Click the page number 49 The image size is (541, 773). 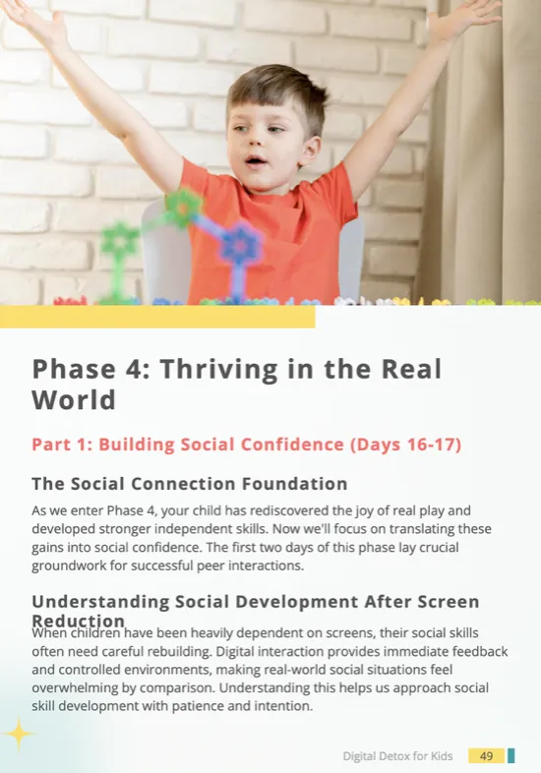(x=486, y=755)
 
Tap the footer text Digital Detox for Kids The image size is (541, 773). (x=397, y=756)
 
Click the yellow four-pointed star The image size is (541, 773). (x=19, y=734)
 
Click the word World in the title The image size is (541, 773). (x=74, y=399)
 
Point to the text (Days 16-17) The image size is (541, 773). (x=406, y=445)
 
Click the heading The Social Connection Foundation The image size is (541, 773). (x=190, y=484)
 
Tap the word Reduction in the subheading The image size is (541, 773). (x=79, y=621)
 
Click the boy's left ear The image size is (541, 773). (x=309, y=150)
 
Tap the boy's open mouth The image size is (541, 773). (x=256, y=161)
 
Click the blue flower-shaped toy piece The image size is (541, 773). (x=240, y=244)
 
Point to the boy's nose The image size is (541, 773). (x=255, y=140)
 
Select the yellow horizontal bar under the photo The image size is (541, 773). (x=157, y=317)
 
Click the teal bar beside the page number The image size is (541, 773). (x=511, y=755)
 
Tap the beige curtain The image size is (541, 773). (x=482, y=148)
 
